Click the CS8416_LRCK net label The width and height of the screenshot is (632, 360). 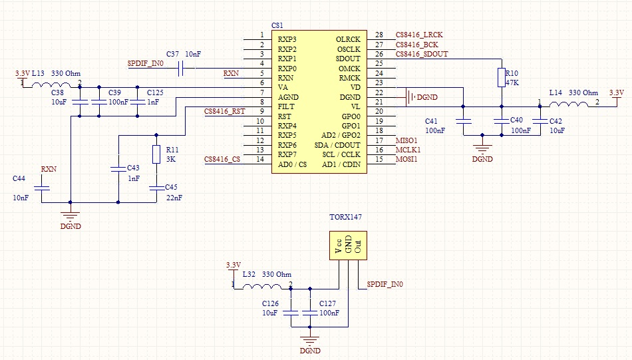click(x=419, y=35)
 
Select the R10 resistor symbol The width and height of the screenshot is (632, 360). click(x=501, y=78)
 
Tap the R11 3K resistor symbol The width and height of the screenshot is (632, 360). click(x=156, y=154)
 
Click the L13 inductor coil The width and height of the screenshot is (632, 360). click(x=55, y=85)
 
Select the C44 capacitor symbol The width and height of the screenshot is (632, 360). click(x=41, y=188)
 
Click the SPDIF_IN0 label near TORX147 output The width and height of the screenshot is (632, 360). click(x=385, y=284)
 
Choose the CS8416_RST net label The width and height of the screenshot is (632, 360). click(x=225, y=111)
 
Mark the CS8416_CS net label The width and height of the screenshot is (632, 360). click(x=222, y=160)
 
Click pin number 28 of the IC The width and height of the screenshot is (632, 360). click(x=379, y=35)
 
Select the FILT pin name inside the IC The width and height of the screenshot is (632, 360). click(x=287, y=106)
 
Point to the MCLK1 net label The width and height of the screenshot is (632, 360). click(x=407, y=150)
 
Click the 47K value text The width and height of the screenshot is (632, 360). click(x=512, y=83)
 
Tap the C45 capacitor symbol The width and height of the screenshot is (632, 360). click(x=156, y=188)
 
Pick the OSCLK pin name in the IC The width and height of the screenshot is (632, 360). click(x=348, y=49)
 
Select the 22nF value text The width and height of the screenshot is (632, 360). click(x=174, y=198)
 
